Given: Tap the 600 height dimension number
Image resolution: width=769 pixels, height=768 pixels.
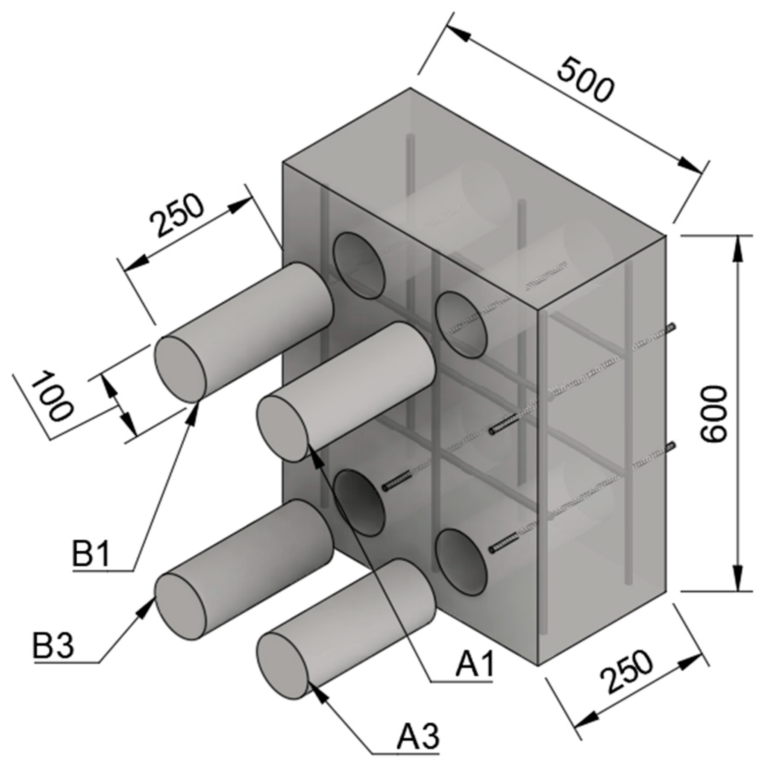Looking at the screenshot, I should coord(714,414).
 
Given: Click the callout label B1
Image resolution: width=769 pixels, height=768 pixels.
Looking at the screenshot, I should coord(91,555).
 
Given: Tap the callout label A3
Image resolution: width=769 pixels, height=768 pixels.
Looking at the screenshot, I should coord(417,736).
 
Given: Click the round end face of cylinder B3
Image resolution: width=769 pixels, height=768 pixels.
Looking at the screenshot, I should coord(180,606).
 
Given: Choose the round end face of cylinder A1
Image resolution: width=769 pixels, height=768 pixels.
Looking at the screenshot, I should coord(283,428).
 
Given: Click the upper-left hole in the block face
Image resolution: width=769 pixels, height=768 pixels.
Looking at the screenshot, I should coord(358,265).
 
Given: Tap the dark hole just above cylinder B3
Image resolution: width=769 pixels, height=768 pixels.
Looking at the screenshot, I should coord(358,503).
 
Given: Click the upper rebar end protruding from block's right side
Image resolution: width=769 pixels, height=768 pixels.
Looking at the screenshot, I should coord(672,327).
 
